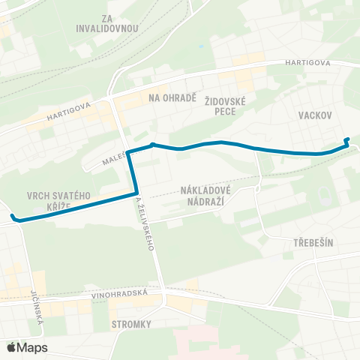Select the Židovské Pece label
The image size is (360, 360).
235,105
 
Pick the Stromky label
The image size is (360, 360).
131,324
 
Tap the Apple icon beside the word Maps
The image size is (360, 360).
10,346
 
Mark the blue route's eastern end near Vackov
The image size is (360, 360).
346,140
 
